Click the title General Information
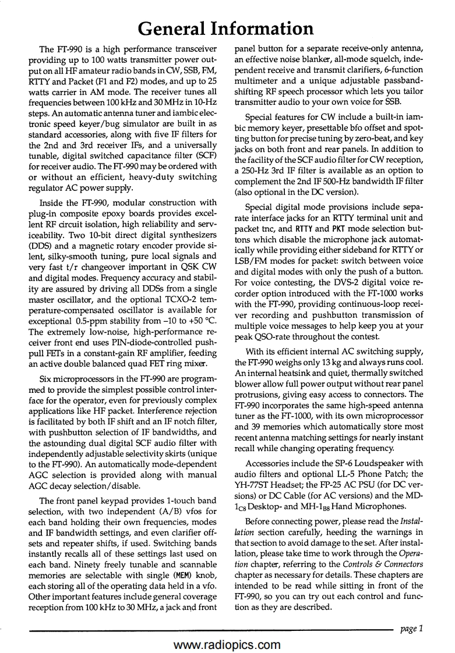point(227,27)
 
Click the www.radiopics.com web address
point(227,645)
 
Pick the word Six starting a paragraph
point(47,387)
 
